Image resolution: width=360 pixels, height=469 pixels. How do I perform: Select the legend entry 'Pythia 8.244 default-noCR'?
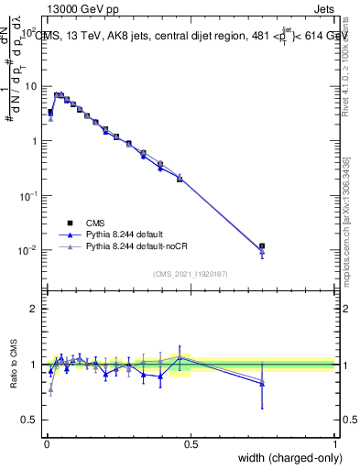(143, 247)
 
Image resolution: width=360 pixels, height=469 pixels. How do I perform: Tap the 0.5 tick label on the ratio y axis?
(30, 420)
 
